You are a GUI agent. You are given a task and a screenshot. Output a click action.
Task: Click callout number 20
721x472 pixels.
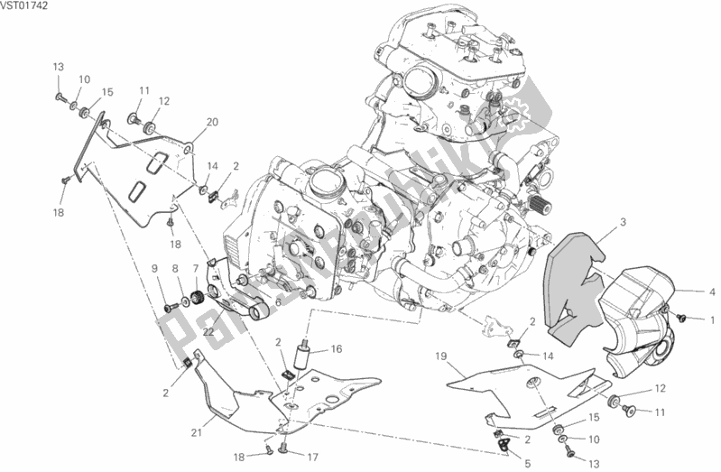tap(212, 122)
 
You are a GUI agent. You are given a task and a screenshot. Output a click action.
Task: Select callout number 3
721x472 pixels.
tap(623, 221)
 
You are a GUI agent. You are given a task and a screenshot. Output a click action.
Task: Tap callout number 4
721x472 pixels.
tap(711, 291)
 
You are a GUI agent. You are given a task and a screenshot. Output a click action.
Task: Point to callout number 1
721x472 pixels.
tap(711, 320)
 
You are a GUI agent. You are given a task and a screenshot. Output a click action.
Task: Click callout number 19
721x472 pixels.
tap(441, 356)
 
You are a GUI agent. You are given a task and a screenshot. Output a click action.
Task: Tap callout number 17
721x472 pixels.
tap(314, 457)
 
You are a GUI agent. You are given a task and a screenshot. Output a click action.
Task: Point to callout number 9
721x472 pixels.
tap(154, 268)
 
